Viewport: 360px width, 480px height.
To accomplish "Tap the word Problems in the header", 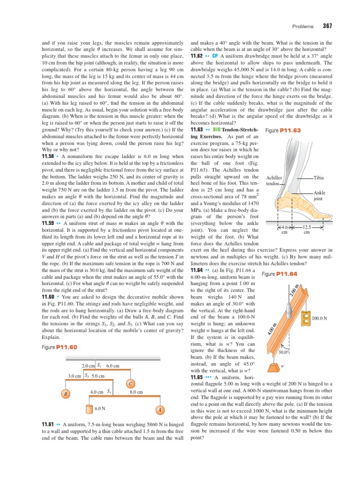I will click(x=303, y=26).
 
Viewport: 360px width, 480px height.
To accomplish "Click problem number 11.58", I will click(x=50, y=155).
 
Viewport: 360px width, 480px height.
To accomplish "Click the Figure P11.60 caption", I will click(x=59, y=347).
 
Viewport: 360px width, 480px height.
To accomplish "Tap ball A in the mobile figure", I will click(x=160, y=409).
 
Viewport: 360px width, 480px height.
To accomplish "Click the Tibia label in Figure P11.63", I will click(x=319, y=178).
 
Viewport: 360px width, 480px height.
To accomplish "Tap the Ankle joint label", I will click(x=319, y=195).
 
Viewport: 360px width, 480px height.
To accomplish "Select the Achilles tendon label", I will click(x=274, y=181).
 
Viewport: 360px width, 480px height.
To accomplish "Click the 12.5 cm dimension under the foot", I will click(x=307, y=229).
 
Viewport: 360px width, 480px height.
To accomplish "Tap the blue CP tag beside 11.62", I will click(x=215, y=55).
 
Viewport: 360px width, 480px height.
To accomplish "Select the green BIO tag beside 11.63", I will click(x=217, y=129).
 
